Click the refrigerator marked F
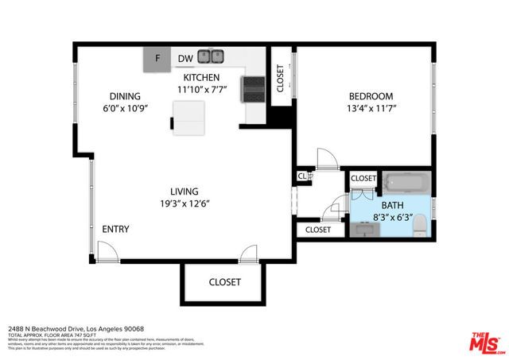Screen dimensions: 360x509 157,58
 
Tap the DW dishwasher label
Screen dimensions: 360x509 185,58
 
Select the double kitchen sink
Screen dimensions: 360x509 212,57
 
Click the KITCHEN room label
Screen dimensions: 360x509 202,77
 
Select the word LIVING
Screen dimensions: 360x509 184,192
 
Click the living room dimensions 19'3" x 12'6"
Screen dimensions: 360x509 184,203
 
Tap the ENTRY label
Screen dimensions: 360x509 115,230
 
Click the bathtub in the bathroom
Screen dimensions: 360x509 406,184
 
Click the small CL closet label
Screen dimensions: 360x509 302,176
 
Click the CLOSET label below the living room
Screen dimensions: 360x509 224,282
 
